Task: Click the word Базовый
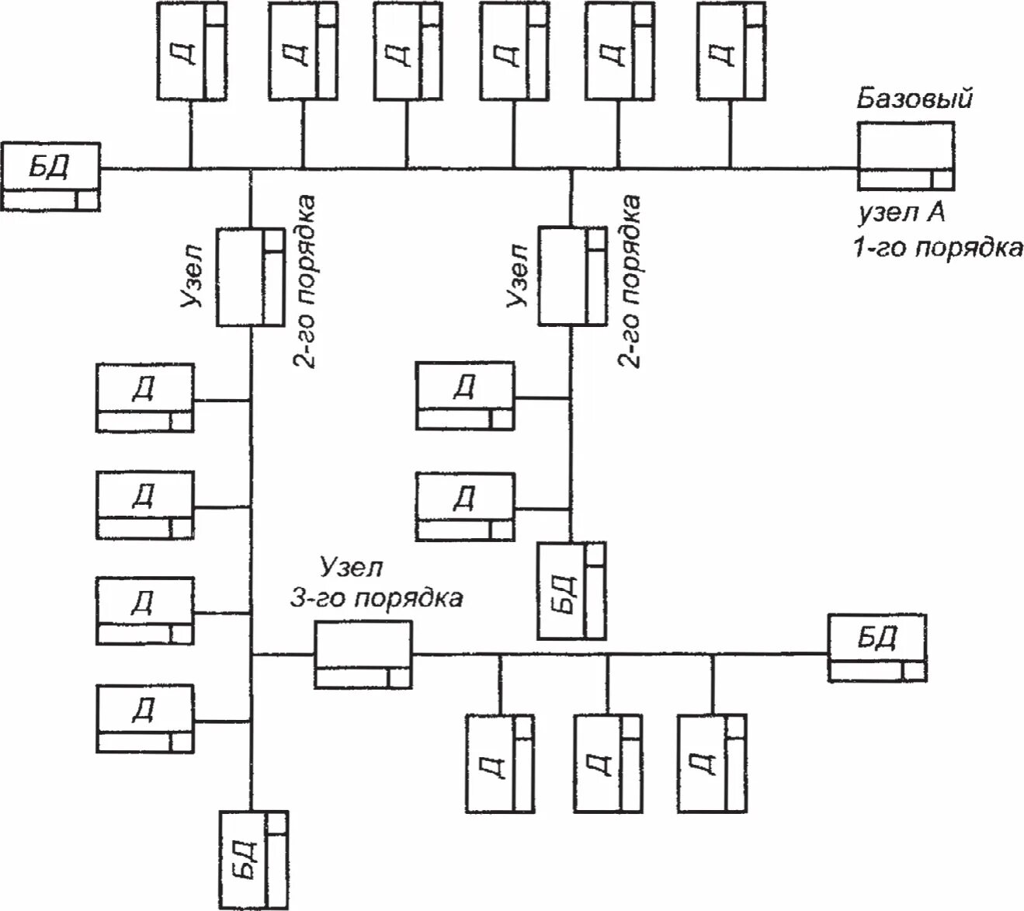[913, 99]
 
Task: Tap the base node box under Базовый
[905, 155]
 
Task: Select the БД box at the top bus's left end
[50, 176]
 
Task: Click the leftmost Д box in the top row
[191, 50]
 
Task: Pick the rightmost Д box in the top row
[731, 50]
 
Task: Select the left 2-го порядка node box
[250, 277]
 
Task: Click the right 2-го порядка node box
[572, 276]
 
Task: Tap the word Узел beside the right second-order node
[518, 276]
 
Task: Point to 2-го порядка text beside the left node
[304, 281]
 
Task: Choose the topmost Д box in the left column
[145, 398]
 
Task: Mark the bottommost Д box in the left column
[145, 719]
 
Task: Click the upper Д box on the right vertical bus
[465, 396]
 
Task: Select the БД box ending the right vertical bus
[571, 591]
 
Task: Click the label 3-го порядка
[377, 599]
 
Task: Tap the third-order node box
[363, 655]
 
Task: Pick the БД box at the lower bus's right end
[877, 648]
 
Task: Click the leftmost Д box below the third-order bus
[500, 764]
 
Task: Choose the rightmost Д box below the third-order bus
[712, 763]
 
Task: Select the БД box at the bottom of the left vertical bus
[254, 861]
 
